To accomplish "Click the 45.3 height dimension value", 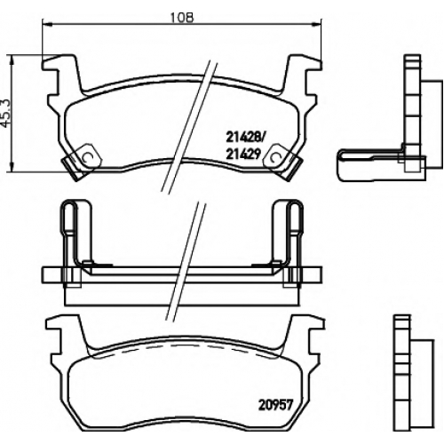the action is (6, 114).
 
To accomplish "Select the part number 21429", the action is (243, 154).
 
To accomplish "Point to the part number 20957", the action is (275, 405).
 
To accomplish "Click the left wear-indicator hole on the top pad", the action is (88, 157).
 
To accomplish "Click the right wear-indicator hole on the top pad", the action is (275, 157).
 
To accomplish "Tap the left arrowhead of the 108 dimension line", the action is (47, 24).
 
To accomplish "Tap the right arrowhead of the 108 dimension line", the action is (316, 24).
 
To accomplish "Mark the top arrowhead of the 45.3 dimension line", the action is (12, 60).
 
